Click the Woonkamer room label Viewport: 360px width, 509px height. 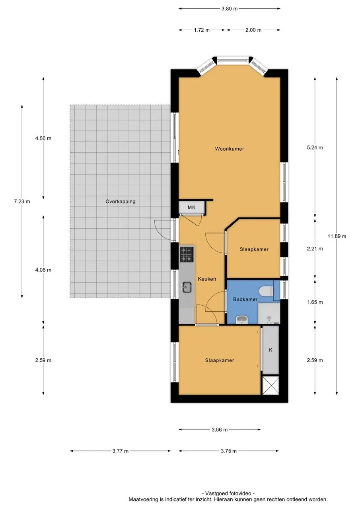click(229, 149)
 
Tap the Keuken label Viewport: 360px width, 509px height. click(207, 279)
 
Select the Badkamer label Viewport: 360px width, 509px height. click(245, 299)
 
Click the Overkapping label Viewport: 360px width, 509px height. click(120, 202)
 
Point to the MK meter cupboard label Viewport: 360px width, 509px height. click(191, 207)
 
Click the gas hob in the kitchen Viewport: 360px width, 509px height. click(187, 254)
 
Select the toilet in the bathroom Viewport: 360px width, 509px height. click(266, 291)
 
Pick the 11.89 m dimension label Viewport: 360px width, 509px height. click(337, 236)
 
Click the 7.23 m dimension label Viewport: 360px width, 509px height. click(22, 202)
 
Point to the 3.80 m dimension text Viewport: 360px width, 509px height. click(229, 9)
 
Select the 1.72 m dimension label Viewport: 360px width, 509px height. click(202, 30)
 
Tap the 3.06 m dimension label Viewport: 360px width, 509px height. click(219, 430)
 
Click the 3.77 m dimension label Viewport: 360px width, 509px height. click(120, 451)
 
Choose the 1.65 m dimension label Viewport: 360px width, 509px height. click(315, 302)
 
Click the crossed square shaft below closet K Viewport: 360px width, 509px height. click(270, 385)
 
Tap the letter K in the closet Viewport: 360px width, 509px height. click(270, 350)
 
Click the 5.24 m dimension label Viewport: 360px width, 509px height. click(315, 148)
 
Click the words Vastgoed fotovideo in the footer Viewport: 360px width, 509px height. click(228, 493)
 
